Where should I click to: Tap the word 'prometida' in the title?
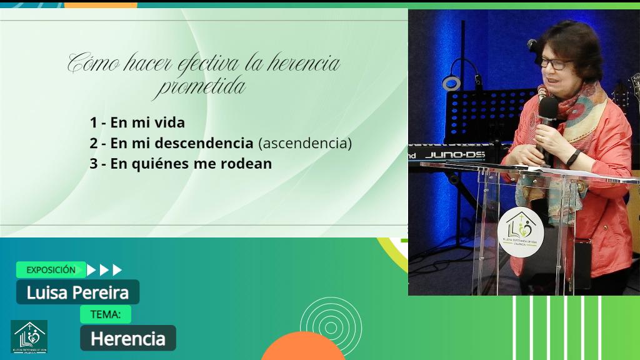coord(200,87)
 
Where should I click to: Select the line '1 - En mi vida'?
coord(137,122)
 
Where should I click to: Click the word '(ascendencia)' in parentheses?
coord(305,143)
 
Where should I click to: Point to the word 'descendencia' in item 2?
coord(203,143)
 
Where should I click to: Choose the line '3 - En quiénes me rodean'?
coord(181,164)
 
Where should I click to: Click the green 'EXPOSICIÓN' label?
coord(51,270)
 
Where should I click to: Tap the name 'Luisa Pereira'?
coord(77,292)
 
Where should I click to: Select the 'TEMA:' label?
coord(105,314)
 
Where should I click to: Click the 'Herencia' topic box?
coord(127,338)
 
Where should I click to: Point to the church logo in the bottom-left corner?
coord(29,337)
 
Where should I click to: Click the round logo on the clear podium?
coord(521,231)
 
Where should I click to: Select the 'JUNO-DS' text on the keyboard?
coord(455,154)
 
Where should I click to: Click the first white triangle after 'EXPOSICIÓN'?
coord(91,270)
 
